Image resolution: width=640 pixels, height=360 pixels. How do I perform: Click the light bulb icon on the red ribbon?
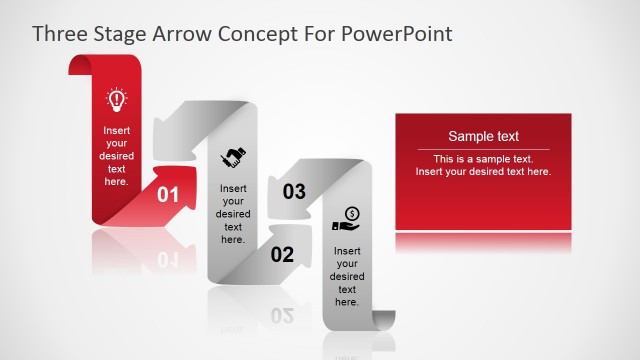click(x=116, y=100)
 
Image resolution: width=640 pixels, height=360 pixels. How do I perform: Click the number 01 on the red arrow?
click(x=168, y=195)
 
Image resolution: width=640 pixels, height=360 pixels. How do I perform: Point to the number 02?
click(x=282, y=254)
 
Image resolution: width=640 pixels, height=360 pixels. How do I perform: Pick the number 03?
click(x=294, y=192)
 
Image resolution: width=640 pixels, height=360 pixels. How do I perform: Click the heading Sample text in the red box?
click(x=483, y=137)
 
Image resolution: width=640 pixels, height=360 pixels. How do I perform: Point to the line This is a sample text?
click(x=483, y=159)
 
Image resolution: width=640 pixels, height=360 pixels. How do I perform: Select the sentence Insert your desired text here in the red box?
click(x=483, y=172)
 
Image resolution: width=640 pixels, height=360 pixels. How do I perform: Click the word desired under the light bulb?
click(x=116, y=156)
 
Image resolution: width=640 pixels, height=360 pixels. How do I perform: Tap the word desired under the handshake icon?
click(x=233, y=214)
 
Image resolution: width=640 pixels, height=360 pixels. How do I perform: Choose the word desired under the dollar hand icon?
click(x=347, y=276)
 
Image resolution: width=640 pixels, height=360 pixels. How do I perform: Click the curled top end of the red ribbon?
click(x=80, y=65)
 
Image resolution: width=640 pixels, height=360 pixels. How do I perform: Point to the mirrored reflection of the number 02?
click(x=282, y=316)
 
